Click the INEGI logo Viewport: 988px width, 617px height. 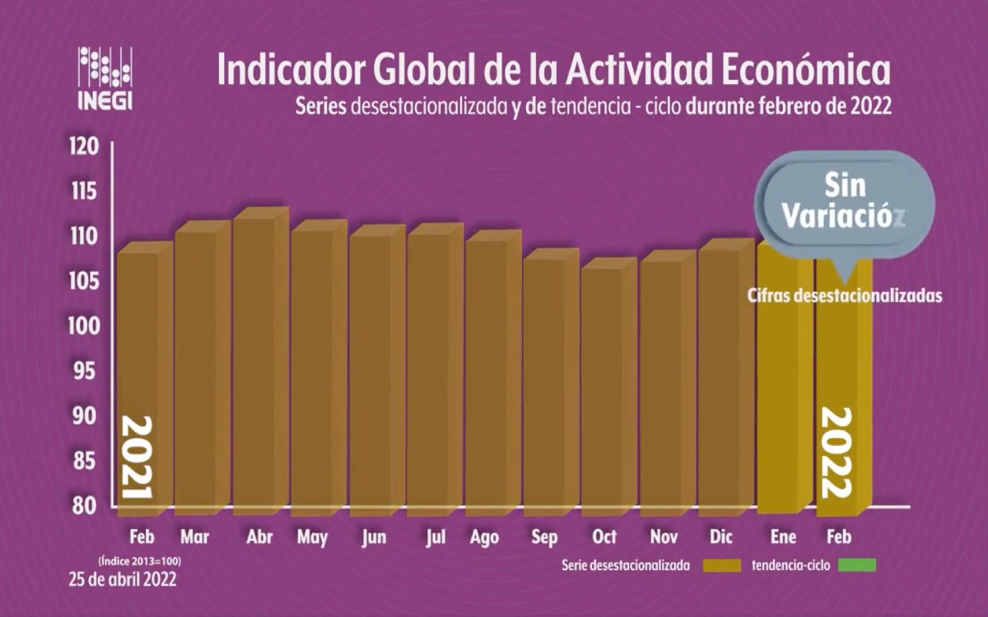[105, 77]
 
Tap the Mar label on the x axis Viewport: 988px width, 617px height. [194, 537]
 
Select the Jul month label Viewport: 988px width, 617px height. [436, 537]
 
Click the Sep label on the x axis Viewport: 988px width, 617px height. [544, 537]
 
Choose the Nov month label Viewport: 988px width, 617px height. [664, 537]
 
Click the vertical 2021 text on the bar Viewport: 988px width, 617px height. [137, 457]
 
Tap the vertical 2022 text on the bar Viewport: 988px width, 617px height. [835, 453]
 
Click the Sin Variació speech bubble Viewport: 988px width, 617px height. [843, 202]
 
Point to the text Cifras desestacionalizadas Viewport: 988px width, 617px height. [844, 295]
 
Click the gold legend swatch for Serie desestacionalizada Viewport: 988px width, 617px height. [723, 565]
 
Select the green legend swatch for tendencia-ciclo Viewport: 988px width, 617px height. [857, 565]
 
